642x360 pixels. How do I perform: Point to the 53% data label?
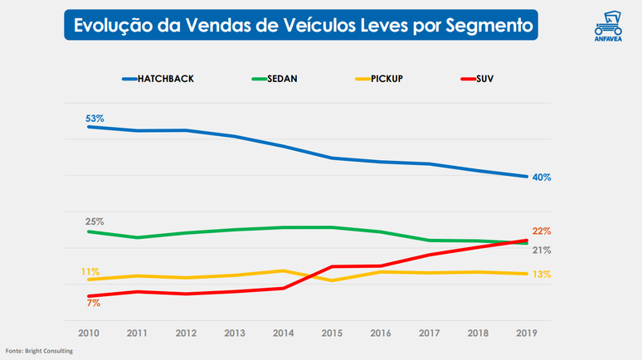coord(95,119)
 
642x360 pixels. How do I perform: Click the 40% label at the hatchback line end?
coord(542,178)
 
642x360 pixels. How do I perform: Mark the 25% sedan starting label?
coord(95,221)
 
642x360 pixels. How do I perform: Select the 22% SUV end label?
coord(542,231)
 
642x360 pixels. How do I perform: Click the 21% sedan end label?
coord(542,250)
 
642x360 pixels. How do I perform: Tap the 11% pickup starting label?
coord(90,272)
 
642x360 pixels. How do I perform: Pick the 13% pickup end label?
coord(542,275)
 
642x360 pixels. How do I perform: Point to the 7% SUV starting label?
coord(93,304)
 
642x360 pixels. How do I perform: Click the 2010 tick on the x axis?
coord(89,333)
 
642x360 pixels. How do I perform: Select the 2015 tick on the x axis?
coord(332,333)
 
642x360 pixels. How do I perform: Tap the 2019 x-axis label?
coord(527,333)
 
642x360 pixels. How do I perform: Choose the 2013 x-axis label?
coord(235,333)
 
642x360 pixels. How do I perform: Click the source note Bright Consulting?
coord(39,352)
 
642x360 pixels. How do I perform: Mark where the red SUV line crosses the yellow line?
coord(319,273)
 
